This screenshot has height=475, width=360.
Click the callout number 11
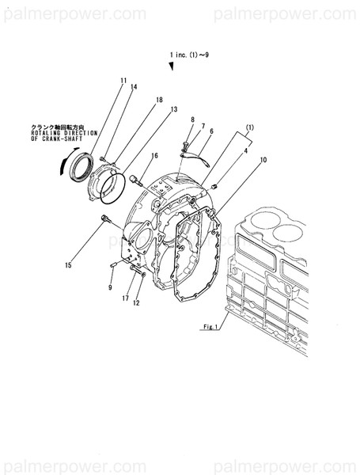[123, 81]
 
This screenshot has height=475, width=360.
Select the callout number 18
[159, 101]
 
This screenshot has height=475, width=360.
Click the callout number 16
[155, 156]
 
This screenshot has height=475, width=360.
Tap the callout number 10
[263, 161]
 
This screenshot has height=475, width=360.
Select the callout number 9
[111, 287]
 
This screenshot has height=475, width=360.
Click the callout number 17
[126, 298]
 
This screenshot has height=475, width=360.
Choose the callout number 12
[136, 302]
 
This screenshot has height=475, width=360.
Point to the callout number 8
[191, 119]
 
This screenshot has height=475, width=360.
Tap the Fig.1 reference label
[210, 326]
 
